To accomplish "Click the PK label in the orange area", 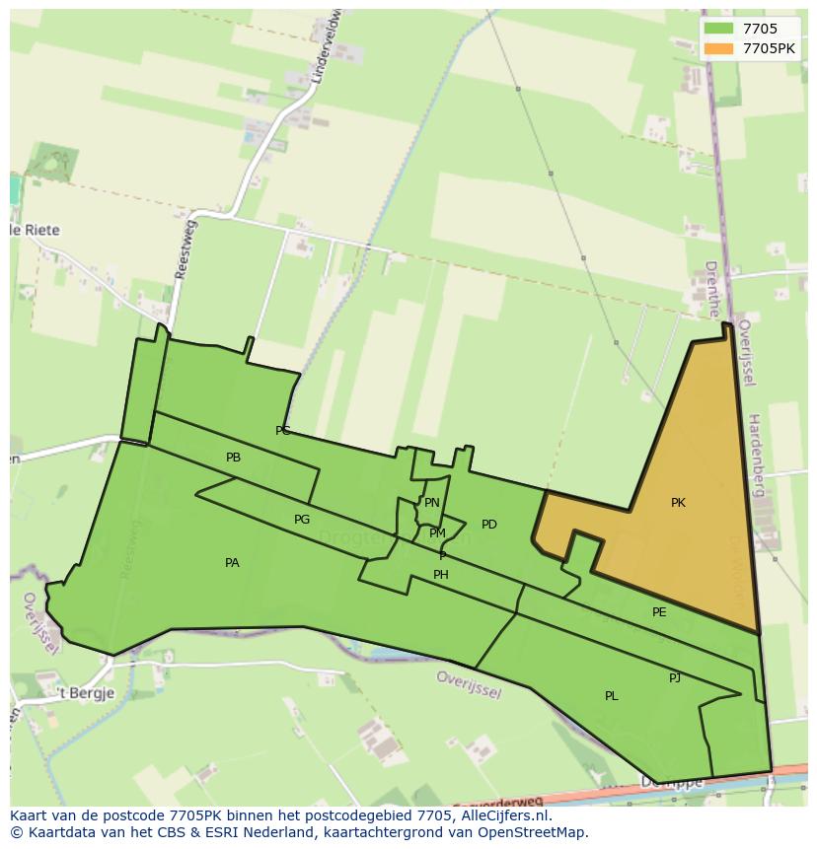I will [x=678, y=503].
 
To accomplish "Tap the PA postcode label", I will [x=232, y=563].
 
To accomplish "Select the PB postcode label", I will [x=233, y=458].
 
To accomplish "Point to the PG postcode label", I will [x=302, y=520].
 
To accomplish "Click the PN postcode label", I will [x=431, y=503].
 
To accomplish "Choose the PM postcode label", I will [x=437, y=533].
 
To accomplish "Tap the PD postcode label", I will [x=489, y=525].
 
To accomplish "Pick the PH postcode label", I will [x=441, y=575].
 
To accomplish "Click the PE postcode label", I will [x=659, y=612].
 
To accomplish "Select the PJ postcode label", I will [x=675, y=678].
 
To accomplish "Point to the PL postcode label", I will [x=612, y=696].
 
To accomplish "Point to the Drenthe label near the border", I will [x=712, y=289].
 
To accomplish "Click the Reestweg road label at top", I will [x=185, y=250].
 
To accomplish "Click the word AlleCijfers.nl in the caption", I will [x=503, y=815].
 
